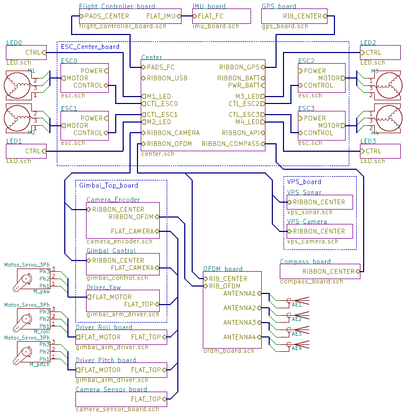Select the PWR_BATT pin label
243,85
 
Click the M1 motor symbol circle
17,85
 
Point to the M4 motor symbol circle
389,118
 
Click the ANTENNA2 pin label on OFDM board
239,308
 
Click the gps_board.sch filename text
285,27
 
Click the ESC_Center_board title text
90,47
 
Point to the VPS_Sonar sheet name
304,192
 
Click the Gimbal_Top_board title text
108,185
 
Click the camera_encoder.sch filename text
119,241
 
